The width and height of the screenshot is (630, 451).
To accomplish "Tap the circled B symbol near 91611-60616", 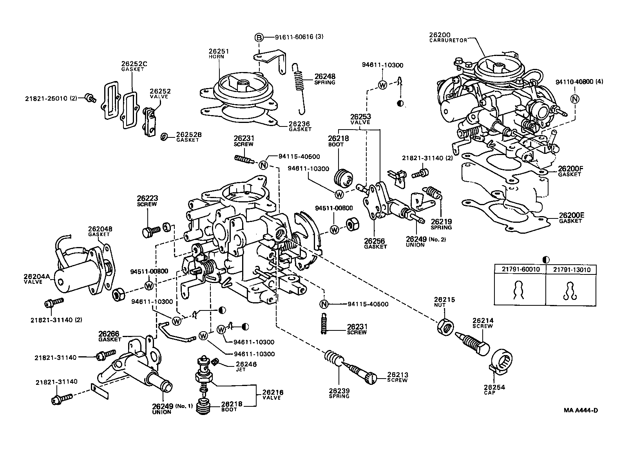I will (259, 38).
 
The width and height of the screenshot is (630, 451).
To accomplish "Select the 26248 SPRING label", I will (325, 79).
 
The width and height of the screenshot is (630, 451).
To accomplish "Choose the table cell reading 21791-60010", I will (520, 270).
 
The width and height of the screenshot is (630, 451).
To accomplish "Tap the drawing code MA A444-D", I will (581, 410).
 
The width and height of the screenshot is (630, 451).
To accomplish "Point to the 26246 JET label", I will (246, 366).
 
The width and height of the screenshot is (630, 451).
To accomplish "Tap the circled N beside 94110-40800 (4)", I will (574, 99).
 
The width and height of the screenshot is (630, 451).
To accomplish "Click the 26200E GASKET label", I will (571, 218).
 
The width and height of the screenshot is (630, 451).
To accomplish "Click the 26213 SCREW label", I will (397, 377).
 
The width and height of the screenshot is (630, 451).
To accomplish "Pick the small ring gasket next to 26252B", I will (164, 136).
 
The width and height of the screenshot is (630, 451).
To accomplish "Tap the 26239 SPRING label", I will (339, 393).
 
